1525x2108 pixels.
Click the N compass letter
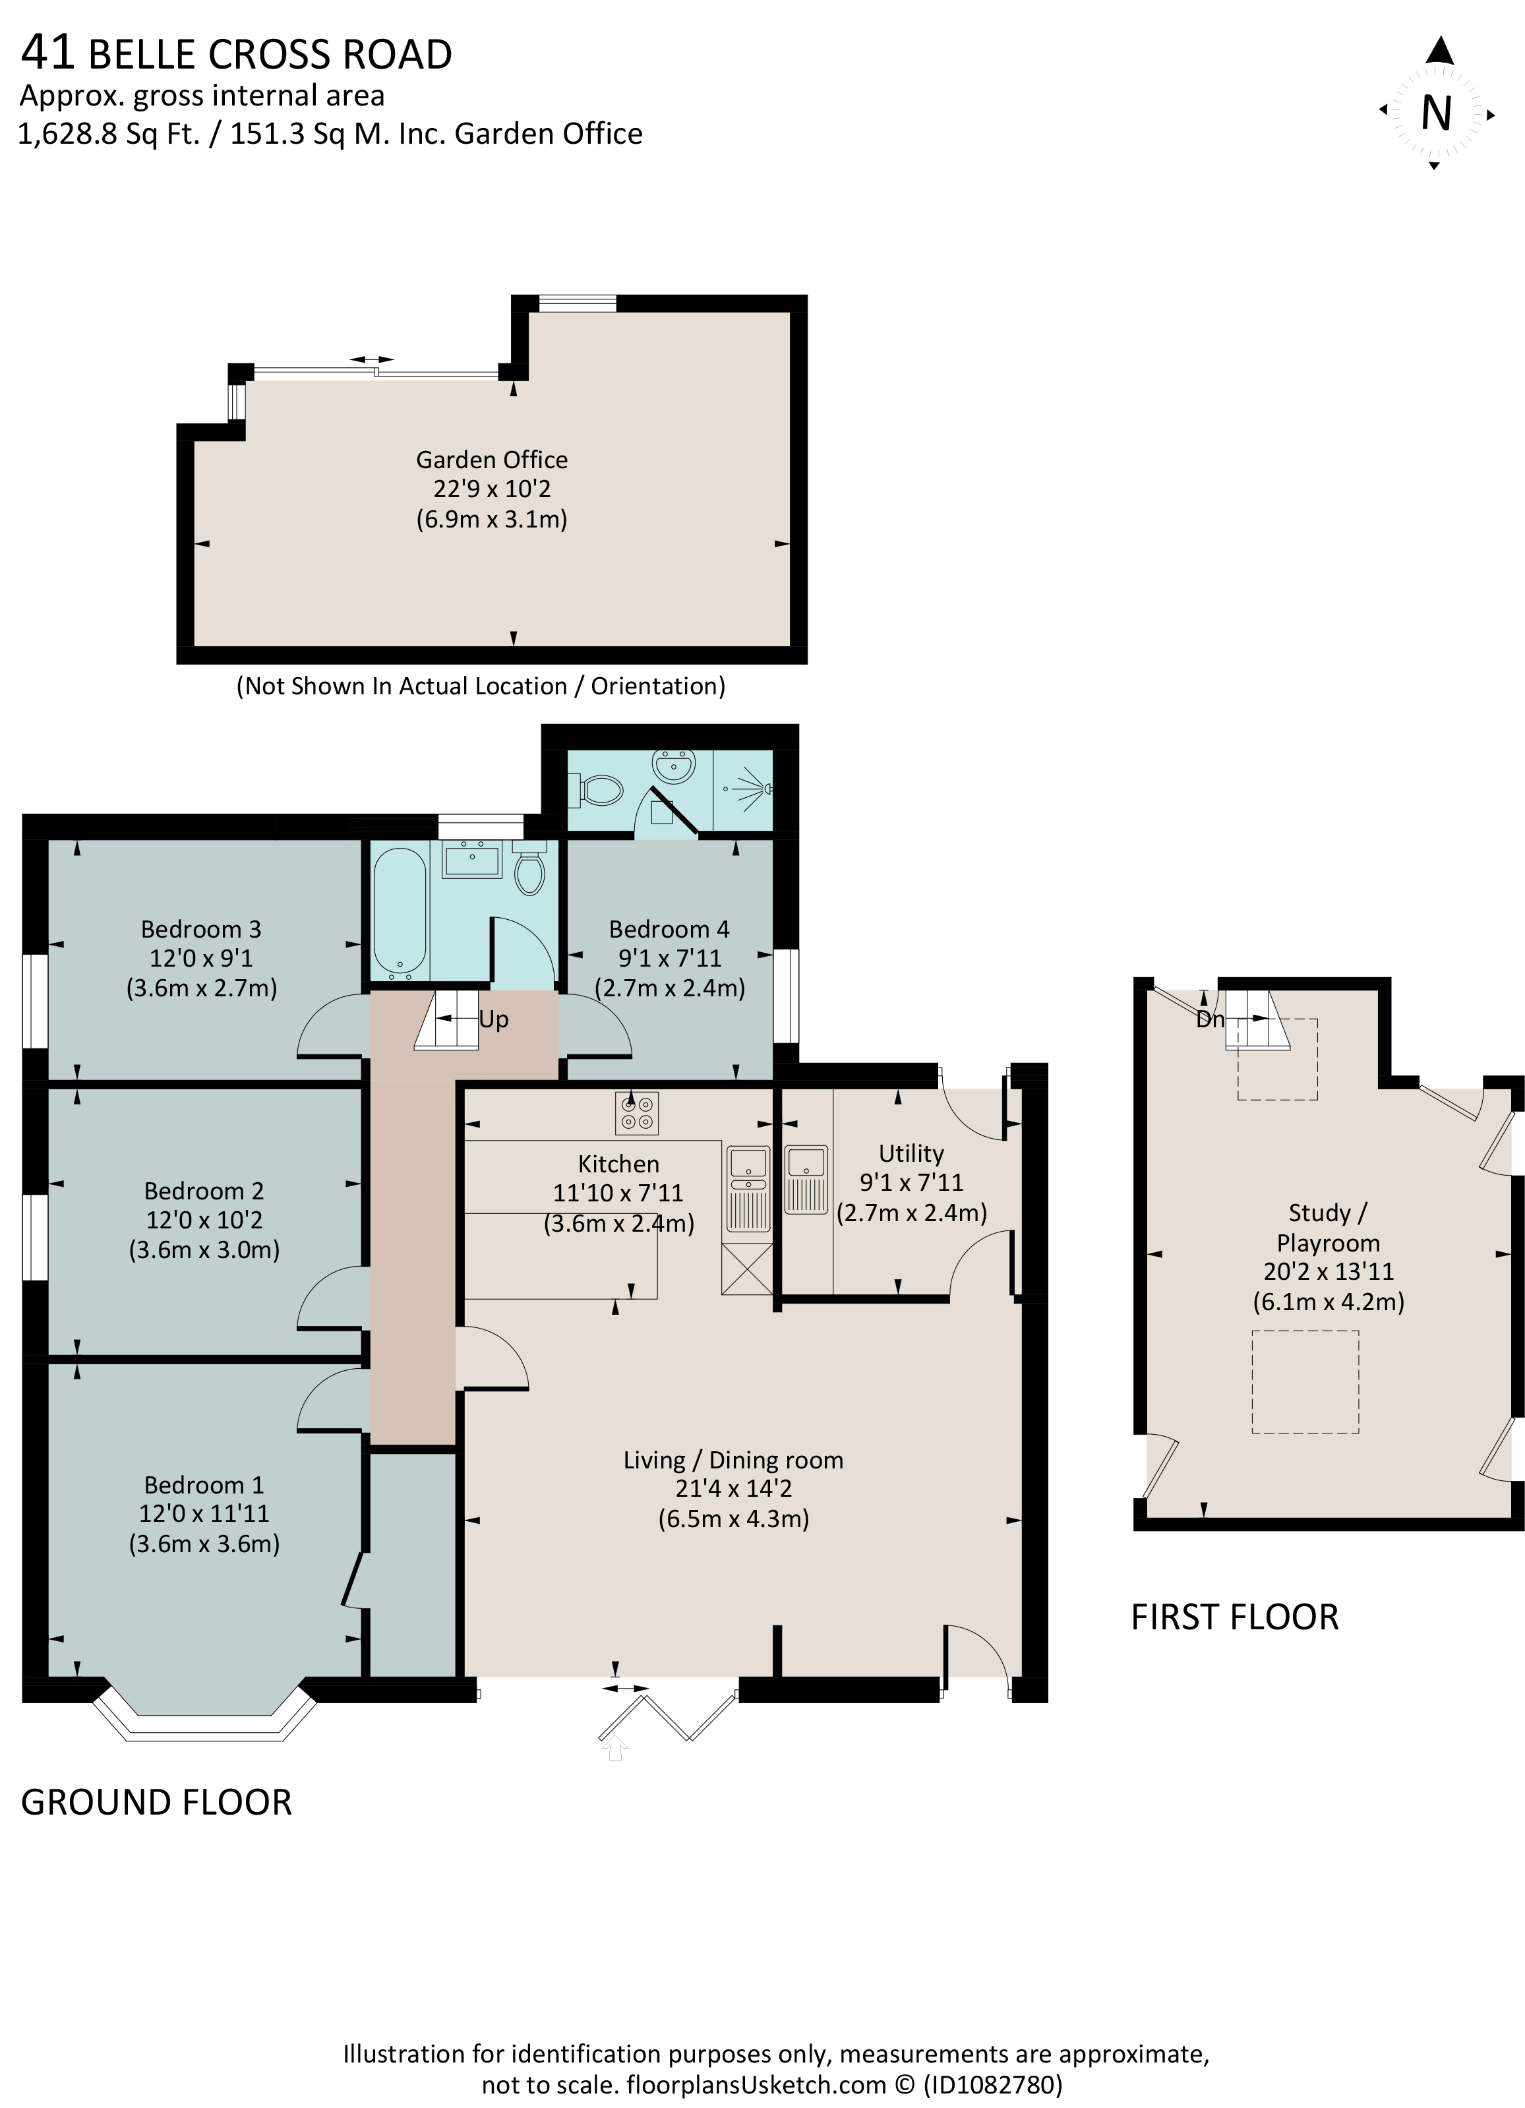(x=1436, y=113)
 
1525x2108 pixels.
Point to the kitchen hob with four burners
(x=637, y=1112)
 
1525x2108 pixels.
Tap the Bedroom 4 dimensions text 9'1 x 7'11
(x=669, y=957)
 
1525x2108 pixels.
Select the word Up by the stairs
(x=493, y=1019)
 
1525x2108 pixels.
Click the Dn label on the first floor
(x=1210, y=1019)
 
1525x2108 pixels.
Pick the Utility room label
(x=911, y=1153)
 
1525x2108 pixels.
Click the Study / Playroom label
(x=1328, y=1227)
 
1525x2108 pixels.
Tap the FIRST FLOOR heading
(x=1234, y=1617)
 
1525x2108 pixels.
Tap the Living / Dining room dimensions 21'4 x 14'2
(x=733, y=1488)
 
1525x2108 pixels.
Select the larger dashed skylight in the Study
(x=1305, y=1382)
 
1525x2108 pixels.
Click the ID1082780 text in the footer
(x=992, y=2085)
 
